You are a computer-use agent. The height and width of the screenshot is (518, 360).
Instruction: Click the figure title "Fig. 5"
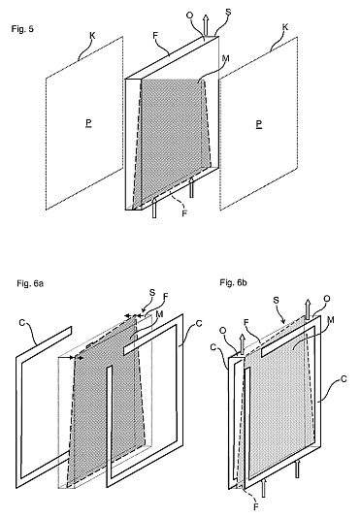tap(22, 29)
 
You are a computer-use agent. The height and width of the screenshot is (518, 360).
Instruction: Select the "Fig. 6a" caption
tap(30, 283)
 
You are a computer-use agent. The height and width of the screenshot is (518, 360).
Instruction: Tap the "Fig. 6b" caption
tap(234, 283)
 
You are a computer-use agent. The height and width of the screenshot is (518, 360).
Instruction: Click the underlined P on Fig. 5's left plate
tap(88, 123)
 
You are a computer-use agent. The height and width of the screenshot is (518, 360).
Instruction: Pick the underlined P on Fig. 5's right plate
tap(259, 124)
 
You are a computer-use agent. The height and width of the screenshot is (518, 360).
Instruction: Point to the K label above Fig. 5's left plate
tap(93, 36)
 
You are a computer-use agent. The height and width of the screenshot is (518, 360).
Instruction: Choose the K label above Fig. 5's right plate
tap(285, 27)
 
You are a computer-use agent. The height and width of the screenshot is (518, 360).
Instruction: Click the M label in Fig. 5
tap(226, 59)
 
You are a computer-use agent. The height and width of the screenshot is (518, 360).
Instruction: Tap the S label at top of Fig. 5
tap(228, 13)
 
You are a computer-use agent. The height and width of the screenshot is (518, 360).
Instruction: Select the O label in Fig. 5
tap(190, 16)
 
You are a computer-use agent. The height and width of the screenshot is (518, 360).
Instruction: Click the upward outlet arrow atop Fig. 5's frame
tap(206, 25)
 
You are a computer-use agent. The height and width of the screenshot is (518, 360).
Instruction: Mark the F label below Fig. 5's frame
tap(184, 213)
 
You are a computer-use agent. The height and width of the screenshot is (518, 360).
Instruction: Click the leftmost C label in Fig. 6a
tap(22, 322)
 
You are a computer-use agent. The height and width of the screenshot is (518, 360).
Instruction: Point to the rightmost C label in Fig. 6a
tap(199, 323)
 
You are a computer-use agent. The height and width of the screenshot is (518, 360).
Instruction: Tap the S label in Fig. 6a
tap(152, 292)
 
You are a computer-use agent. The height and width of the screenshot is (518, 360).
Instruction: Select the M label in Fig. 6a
tap(160, 314)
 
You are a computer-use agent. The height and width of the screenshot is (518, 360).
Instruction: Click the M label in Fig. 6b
tap(331, 320)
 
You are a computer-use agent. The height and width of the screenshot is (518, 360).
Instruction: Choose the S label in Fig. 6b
tap(277, 301)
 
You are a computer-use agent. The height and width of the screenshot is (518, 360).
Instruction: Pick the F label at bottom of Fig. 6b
tap(255, 506)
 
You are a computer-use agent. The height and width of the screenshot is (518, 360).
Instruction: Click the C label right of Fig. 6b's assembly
tap(344, 379)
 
